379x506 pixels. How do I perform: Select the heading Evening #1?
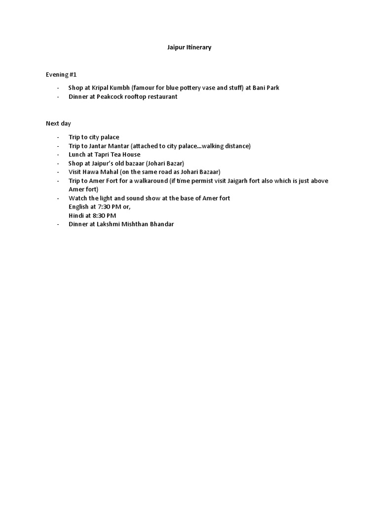click(x=61, y=75)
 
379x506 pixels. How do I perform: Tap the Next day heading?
click(x=59, y=124)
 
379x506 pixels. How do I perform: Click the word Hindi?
click(x=76, y=215)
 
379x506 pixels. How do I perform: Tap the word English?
click(x=79, y=207)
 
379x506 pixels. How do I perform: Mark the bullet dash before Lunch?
click(x=58, y=155)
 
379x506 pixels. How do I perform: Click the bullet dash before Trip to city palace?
click(x=58, y=137)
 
